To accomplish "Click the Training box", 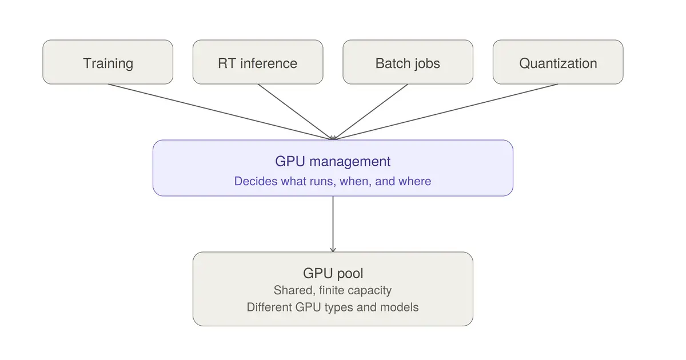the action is click(x=108, y=62).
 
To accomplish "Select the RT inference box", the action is click(x=258, y=62).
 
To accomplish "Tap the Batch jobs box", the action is click(x=408, y=62).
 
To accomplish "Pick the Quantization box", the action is click(x=558, y=62).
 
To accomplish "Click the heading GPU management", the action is click(x=333, y=161).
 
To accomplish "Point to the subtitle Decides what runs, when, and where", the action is click(x=333, y=181).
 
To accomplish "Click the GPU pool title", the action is click(x=333, y=273).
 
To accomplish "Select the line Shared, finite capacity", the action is click(x=333, y=290).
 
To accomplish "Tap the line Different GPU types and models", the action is click(x=333, y=307).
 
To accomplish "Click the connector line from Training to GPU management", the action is click(x=220, y=112).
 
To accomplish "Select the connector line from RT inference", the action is click(x=295, y=112).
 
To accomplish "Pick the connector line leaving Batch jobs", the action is click(x=370, y=112).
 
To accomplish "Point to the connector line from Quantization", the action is click(x=445, y=112).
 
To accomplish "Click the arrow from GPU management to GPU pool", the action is click(x=333, y=224).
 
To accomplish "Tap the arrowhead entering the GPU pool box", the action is click(x=333, y=250).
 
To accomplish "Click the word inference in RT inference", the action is click(x=269, y=63).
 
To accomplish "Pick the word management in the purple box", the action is click(x=350, y=162).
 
